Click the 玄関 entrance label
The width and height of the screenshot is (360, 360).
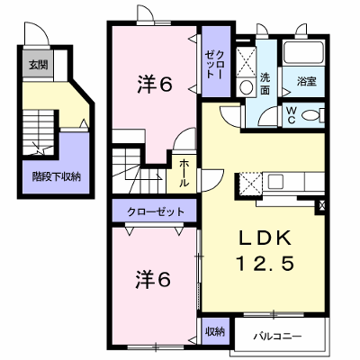[38, 65]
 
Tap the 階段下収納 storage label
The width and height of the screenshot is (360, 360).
[57, 177]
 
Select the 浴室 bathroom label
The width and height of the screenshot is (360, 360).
[307, 82]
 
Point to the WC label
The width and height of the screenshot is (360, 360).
[291, 115]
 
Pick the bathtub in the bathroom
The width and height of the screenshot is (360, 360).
[303, 53]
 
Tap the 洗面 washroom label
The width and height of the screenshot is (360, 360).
[265, 84]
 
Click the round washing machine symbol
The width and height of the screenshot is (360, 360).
[247, 87]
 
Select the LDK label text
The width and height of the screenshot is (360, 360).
[265, 238]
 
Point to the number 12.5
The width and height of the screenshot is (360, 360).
[265, 263]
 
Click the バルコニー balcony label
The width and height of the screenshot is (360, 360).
[277, 337]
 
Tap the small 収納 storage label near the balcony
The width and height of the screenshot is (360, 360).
[215, 331]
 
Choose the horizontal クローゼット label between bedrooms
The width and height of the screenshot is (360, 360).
[156, 212]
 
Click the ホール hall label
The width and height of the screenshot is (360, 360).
[184, 173]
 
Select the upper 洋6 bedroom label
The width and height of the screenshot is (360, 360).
[155, 84]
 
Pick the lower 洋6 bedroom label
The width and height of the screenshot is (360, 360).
[153, 279]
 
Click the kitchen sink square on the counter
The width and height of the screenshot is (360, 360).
[275, 182]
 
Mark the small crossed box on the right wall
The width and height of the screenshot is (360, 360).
[322, 206]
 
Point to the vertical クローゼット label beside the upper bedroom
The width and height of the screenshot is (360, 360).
[215, 65]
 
